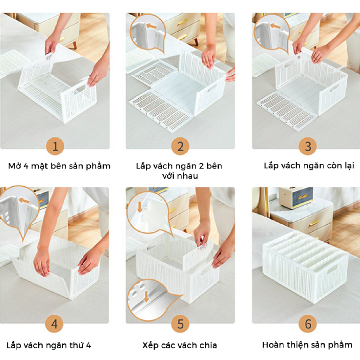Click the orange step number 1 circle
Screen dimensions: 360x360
[x=55, y=146]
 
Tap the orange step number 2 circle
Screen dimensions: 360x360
[x=180, y=146]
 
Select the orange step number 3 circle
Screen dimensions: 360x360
[x=308, y=146]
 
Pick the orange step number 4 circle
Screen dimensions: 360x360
[x=54, y=324]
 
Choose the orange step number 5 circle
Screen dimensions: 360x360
[x=180, y=324]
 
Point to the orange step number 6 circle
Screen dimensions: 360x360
[x=308, y=324]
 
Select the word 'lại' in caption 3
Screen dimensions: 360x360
[x=349, y=165]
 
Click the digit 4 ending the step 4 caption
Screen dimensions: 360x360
[x=88, y=345]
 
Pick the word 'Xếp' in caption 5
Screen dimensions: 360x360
[x=149, y=345]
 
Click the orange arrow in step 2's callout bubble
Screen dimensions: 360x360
[x=152, y=26]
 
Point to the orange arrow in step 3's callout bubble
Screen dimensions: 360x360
[x=276, y=26]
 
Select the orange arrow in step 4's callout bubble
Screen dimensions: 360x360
[x=24, y=200]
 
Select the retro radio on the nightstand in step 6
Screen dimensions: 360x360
[x=296, y=197]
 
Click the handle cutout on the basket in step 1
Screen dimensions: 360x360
[x=79, y=89]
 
